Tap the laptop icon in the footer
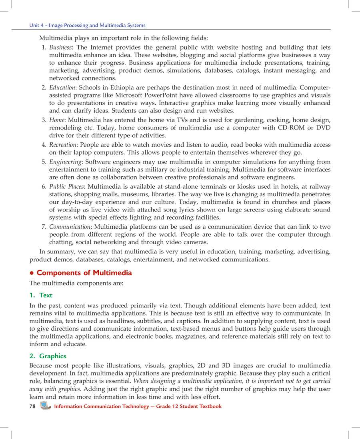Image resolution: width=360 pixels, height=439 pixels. [45, 406]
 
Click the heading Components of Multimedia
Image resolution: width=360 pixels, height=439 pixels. [84, 273]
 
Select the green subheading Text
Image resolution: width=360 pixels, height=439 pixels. [46, 295]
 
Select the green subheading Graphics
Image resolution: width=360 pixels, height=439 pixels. [52, 356]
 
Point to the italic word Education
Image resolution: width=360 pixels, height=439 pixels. [62, 87]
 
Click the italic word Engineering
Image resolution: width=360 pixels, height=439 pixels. [66, 162]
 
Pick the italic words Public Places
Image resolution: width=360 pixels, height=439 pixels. [67, 187]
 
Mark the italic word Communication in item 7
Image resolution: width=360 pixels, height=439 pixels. [69, 227]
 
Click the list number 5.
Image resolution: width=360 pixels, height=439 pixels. [44, 162]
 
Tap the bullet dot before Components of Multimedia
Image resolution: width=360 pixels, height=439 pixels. [32, 273]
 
